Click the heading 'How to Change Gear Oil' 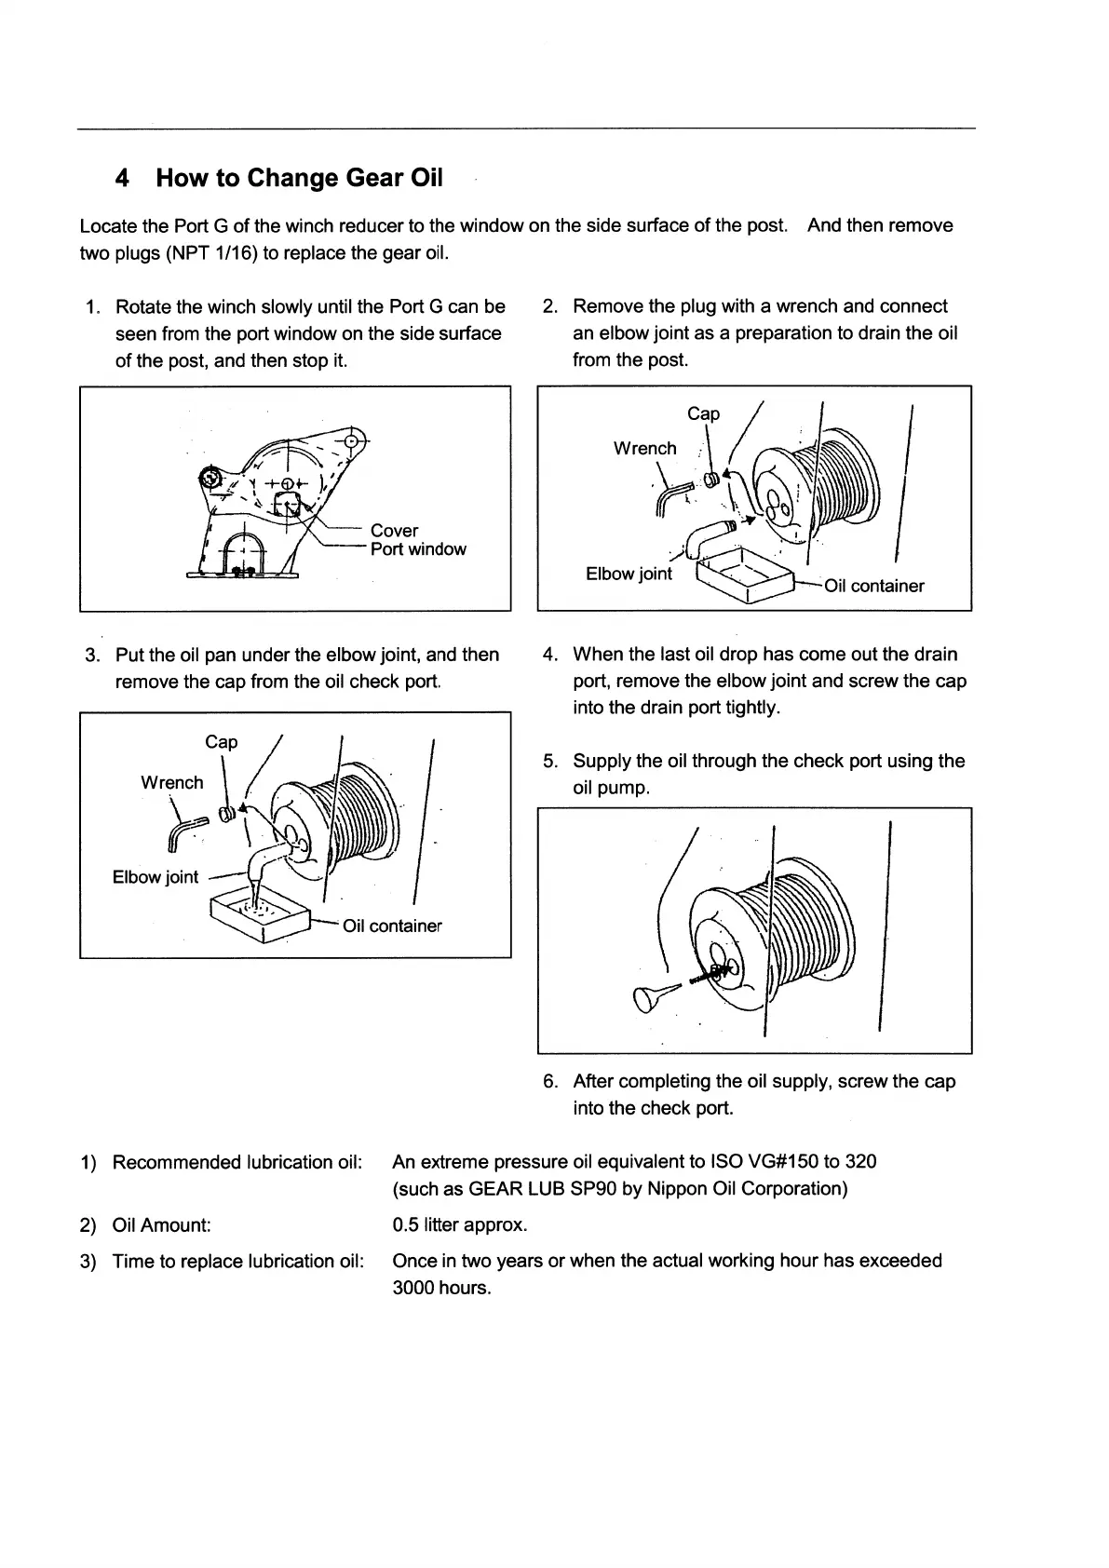(x=299, y=178)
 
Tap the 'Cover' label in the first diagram (x=394, y=531)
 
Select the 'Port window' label (x=418, y=549)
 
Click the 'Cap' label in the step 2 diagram (x=703, y=413)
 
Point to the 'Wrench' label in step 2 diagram (x=644, y=449)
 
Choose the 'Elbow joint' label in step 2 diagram (x=629, y=574)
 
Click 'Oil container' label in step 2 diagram (x=874, y=586)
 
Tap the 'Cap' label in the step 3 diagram (x=221, y=742)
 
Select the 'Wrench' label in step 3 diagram (x=171, y=783)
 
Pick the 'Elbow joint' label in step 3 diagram (x=155, y=877)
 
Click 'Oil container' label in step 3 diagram (x=392, y=926)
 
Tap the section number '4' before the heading (x=121, y=178)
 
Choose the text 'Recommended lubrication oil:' (x=237, y=1162)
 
